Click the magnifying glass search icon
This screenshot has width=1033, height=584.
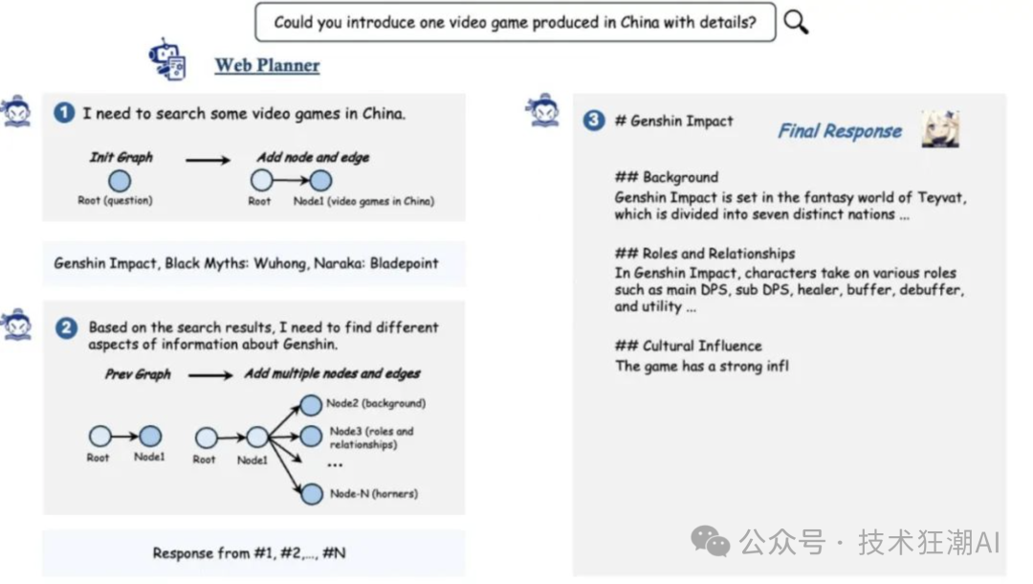click(796, 22)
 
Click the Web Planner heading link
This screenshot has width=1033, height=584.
click(267, 65)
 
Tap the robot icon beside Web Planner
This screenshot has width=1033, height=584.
click(167, 59)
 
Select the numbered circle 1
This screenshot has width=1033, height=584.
click(64, 113)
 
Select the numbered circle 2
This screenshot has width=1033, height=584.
click(66, 327)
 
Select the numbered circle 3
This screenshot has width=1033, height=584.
click(594, 120)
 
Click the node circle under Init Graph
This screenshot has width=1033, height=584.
click(120, 180)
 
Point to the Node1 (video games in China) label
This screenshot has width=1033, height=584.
click(363, 201)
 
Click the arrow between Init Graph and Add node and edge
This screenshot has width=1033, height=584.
click(208, 160)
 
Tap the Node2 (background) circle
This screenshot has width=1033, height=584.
click(311, 405)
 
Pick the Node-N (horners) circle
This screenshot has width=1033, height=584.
click(312, 494)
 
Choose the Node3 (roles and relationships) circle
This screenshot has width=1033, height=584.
click(311, 436)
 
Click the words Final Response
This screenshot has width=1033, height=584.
click(840, 131)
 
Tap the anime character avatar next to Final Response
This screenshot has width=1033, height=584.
click(940, 128)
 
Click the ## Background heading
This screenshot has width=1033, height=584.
click(666, 177)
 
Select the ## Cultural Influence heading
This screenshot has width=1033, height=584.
click(688, 346)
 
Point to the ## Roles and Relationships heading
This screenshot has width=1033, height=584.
click(704, 253)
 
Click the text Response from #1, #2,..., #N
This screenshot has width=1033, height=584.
click(249, 552)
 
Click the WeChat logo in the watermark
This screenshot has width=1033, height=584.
click(710, 541)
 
